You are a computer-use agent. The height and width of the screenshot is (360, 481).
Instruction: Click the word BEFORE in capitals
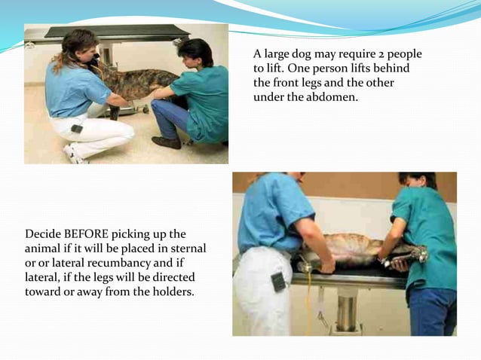pos(86,234)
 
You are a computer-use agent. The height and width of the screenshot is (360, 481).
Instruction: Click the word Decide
pos(43,234)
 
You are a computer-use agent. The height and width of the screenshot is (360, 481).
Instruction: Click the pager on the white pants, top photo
pos(77,129)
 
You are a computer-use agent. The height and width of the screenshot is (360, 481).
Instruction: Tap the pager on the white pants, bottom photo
pos(278,282)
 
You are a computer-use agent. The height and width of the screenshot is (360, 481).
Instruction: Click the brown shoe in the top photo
pos(167,142)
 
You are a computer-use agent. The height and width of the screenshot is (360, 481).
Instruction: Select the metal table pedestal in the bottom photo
pos(346,310)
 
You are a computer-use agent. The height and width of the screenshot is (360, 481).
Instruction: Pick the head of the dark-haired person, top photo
pos(196,52)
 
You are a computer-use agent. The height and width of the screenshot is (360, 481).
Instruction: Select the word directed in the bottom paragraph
pos(173,277)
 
